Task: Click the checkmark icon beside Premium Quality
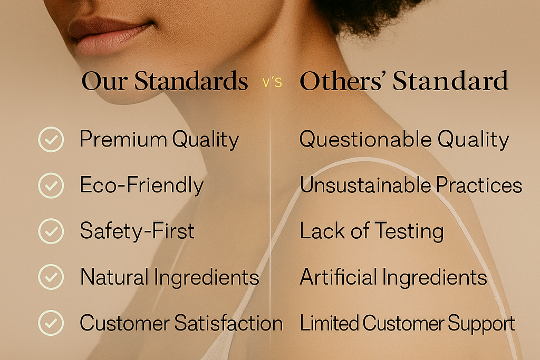[51, 139]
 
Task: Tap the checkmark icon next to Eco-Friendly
[51, 185]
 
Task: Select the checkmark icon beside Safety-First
[51, 231]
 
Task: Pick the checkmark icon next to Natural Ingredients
[51, 277]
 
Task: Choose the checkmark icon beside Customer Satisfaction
[51, 323]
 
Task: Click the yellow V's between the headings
[272, 82]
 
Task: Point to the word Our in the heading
[105, 81]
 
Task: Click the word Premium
[123, 139]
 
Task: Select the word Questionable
[365, 140]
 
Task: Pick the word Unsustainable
[365, 185]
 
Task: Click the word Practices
[479, 185]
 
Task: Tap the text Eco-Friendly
[141, 185]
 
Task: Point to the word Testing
[409, 231]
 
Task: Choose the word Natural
[114, 277]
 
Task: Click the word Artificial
[339, 277]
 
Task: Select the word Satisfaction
[228, 323]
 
